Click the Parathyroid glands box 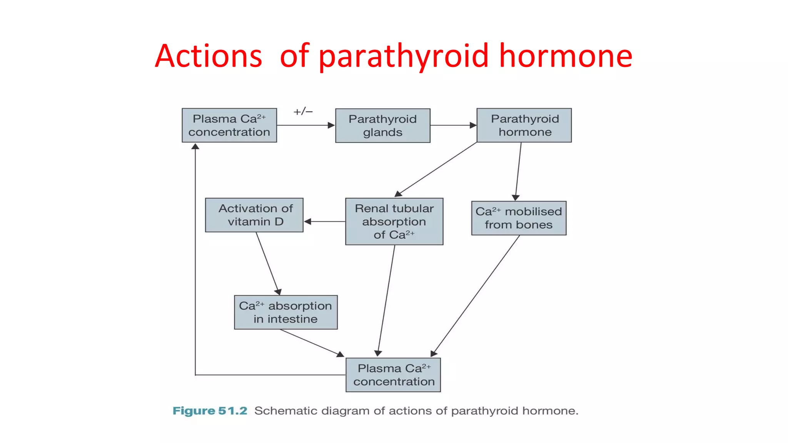click(x=382, y=125)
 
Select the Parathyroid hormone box click(x=524, y=125)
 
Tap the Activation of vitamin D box click(x=254, y=215)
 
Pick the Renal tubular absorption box click(x=394, y=221)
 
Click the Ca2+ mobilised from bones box click(x=519, y=218)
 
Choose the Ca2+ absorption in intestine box click(x=285, y=312)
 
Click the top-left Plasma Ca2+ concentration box click(x=229, y=125)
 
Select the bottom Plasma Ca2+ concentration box click(x=393, y=375)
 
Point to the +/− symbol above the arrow click(x=303, y=112)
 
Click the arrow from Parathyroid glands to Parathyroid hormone click(x=453, y=125)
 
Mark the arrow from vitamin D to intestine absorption click(x=268, y=264)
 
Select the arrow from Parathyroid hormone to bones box click(x=518, y=171)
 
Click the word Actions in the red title click(x=209, y=56)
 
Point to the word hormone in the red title click(x=566, y=56)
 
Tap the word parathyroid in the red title click(x=404, y=56)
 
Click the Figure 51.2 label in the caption click(x=210, y=411)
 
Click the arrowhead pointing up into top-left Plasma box click(x=195, y=147)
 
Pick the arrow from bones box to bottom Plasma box click(x=476, y=295)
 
